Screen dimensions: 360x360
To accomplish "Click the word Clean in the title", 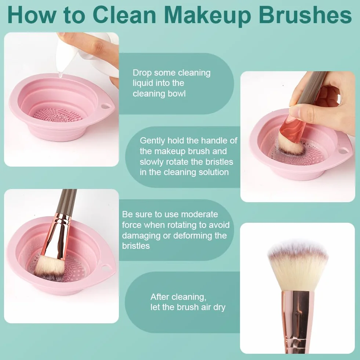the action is (124, 15).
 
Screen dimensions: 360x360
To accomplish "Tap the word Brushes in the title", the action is (305, 15).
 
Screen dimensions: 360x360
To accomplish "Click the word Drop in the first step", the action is (142, 73).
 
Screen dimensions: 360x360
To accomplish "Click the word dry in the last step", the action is (219, 308).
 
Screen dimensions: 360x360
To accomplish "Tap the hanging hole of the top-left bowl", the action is (106, 106).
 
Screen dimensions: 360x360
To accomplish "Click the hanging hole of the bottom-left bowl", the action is (106, 267).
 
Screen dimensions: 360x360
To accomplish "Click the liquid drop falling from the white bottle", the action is (61, 74).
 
